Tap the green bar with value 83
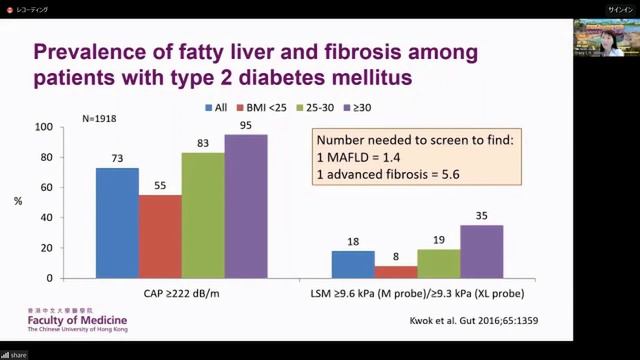203,214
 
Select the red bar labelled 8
396,271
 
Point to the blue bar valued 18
353,264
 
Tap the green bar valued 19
439,263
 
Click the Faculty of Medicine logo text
63,319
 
